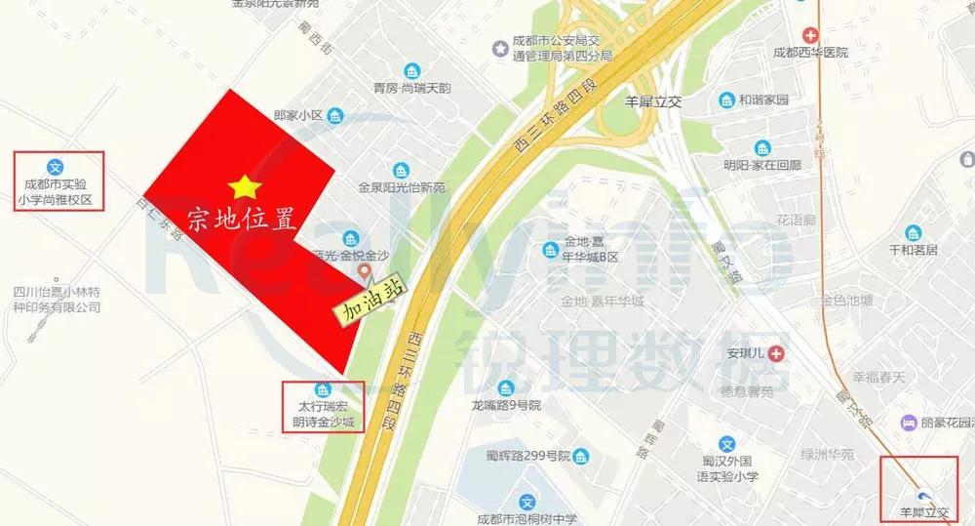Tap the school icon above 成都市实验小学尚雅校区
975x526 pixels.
[x=57, y=166]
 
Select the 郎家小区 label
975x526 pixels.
[x=298, y=115]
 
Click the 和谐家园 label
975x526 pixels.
[x=764, y=100]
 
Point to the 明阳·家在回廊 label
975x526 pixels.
[x=762, y=165]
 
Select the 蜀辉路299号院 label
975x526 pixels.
[x=527, y=456]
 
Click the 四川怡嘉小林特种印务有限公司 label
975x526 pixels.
[x=57, y=299]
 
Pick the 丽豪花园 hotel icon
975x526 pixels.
[x=909, y=424]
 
